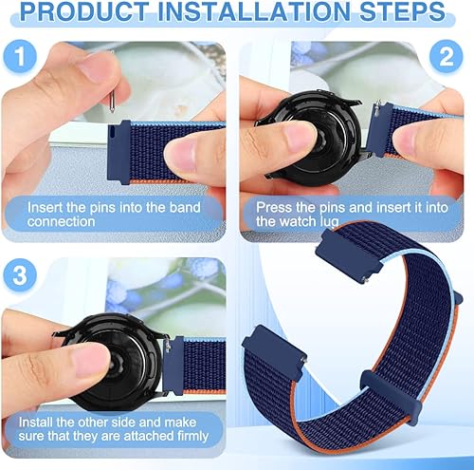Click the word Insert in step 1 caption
(x=46, y=206)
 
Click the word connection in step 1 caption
(x=63, y=221)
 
